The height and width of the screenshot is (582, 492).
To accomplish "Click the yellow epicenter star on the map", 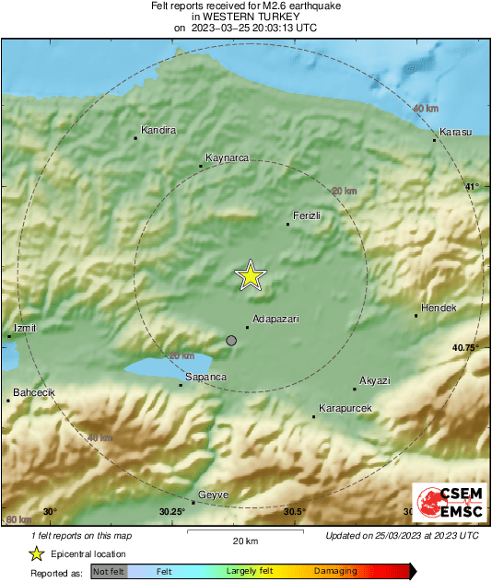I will (250, 276).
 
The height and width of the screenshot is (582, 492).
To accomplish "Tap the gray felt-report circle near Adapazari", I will (231, 341).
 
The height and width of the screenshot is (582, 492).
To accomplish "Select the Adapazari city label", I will (275, 319).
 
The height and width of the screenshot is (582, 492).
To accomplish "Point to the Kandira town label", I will (158, 130).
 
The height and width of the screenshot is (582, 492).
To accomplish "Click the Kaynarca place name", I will (228, 157).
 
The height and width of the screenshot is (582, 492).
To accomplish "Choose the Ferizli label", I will (306, 215).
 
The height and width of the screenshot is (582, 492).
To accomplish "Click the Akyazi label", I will (375, 379).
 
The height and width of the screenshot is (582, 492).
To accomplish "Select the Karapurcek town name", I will (345, 407).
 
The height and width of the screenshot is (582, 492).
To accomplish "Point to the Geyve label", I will (213, 495).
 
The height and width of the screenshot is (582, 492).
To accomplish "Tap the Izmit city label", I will (26, 328).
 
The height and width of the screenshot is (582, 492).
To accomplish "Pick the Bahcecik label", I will (34, 392).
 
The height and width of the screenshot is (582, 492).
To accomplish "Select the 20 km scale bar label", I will (244, 540).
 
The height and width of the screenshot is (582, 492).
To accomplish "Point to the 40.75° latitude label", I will (466, 347).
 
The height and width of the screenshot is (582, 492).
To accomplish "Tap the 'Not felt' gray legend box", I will (110, 572).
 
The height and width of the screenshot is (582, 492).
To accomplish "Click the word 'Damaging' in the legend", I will (335, 572).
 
